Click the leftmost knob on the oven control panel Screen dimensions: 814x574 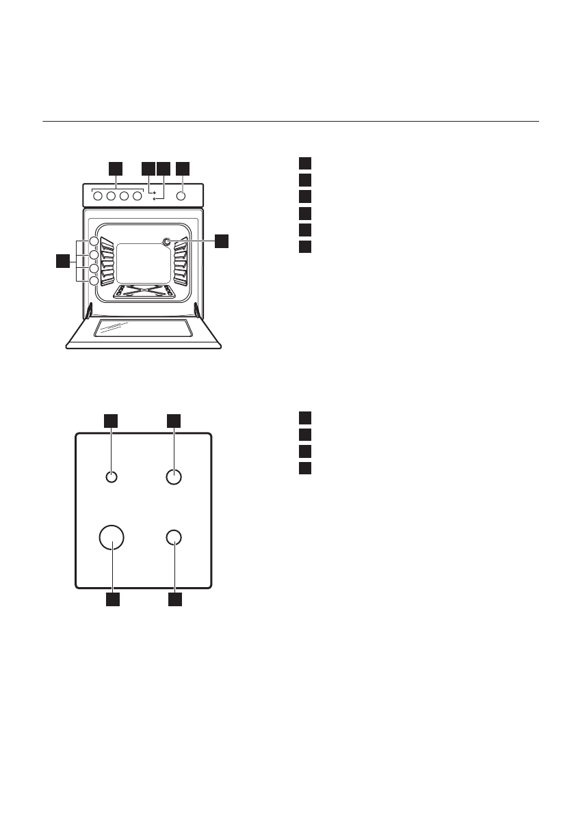(97, 196)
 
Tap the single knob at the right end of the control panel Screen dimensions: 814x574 (181, 196)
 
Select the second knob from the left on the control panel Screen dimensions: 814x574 (111, 196)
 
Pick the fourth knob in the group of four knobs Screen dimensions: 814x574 (137, 196)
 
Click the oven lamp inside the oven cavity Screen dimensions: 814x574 (167, 241)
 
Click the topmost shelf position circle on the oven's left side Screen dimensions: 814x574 (94, 241)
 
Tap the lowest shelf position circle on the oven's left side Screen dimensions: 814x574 (94, 280)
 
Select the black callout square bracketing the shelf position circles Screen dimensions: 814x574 (63, 260)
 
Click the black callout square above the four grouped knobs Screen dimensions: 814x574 (116, 167)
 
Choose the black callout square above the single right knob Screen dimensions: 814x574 (182, 167)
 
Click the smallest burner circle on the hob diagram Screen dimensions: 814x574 (112, 477)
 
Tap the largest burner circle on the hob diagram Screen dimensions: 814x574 (112, 538)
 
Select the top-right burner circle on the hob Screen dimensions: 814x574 (174, 477)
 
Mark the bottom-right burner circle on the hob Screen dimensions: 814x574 (174, 538)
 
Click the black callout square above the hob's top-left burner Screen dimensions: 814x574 (110, 420)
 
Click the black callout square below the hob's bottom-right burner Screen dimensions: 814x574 (175, 599)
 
